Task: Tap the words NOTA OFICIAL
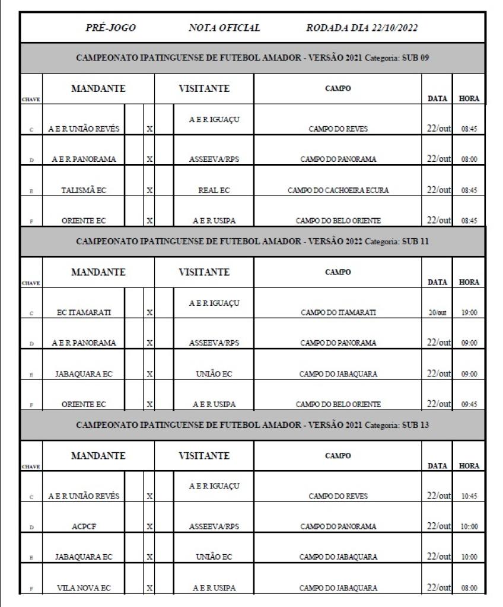coord(221,27)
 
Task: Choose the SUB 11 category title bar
coord(251,242)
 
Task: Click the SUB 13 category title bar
coord(251,425)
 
